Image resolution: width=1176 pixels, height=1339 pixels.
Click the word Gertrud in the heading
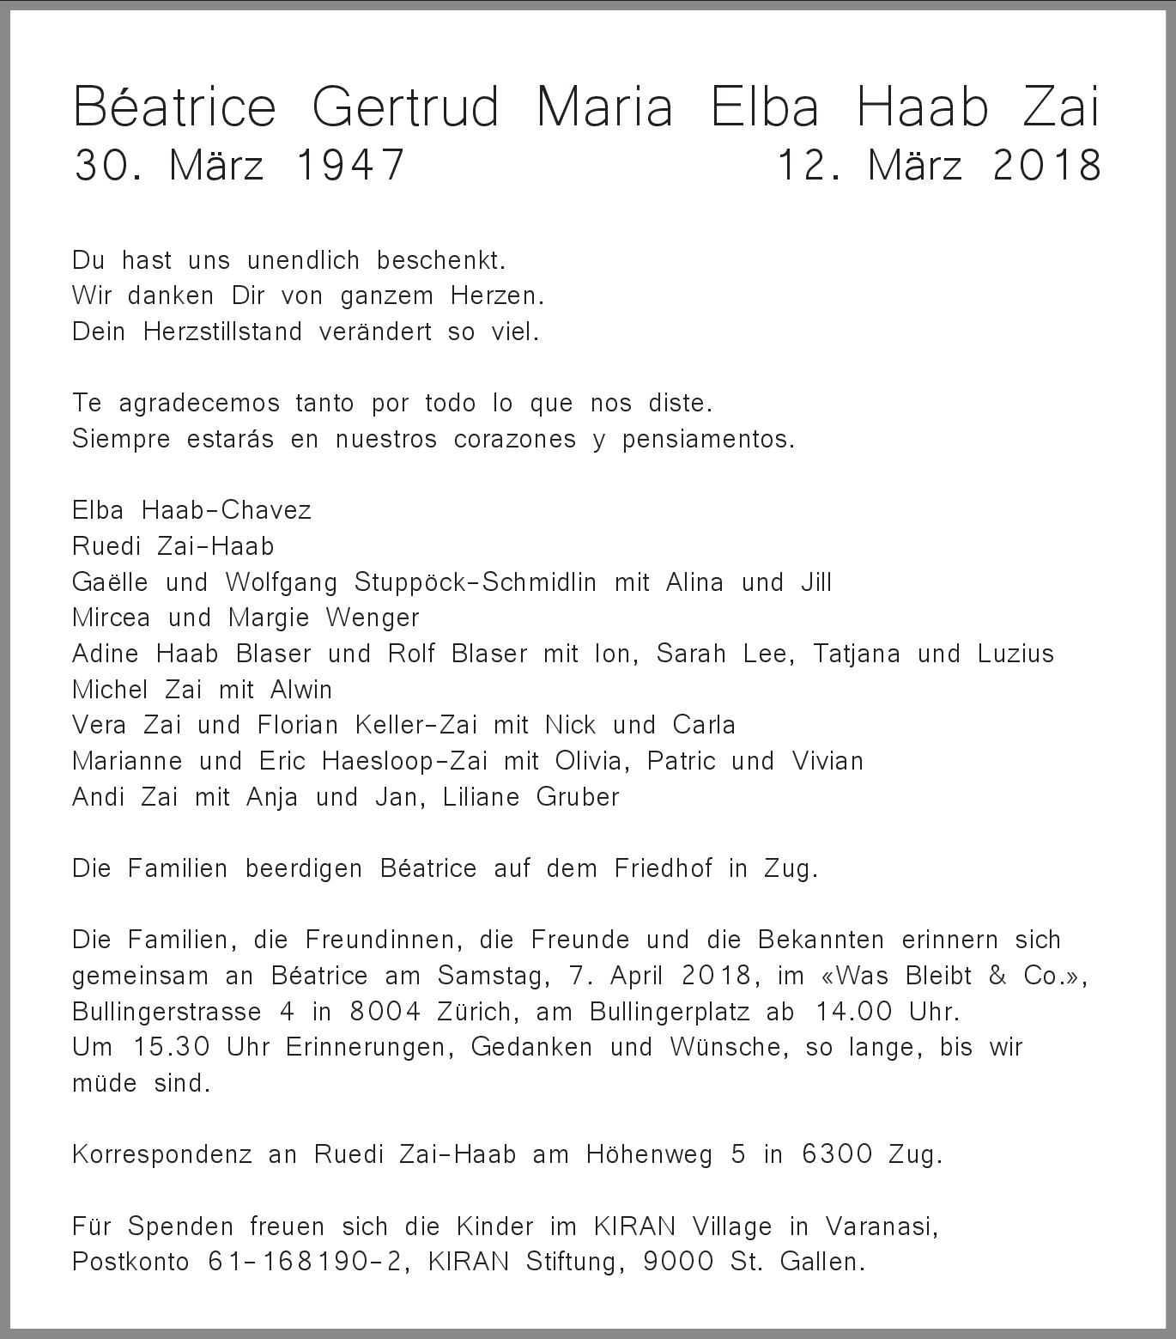pyautogui.click(x=404, y=108)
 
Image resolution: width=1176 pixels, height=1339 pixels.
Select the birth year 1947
pyautogui.click(x=349, y=165)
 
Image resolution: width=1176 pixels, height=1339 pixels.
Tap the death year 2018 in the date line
pyautogui.click(x=1046, y=165)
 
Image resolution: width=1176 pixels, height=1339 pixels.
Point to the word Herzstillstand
pyautogui.click(x=222, y=332)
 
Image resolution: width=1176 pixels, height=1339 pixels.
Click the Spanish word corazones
pyautogui.click(x=514, y=440)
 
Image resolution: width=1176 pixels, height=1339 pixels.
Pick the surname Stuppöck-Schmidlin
pyautogui.click(x=475, y=582)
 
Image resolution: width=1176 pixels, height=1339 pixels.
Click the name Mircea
pyautogui.click(x=112, y=618)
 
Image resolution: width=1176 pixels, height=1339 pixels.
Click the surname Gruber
pyautogui.click(x=577, y=797)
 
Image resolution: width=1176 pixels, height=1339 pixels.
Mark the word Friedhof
pyautogui.click(x=663, y=868)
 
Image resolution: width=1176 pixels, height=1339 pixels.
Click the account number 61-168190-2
pyautogui.click(x=305, y=1262)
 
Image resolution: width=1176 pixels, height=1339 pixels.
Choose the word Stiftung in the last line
pyautogui.click(x=569, y=1262)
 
